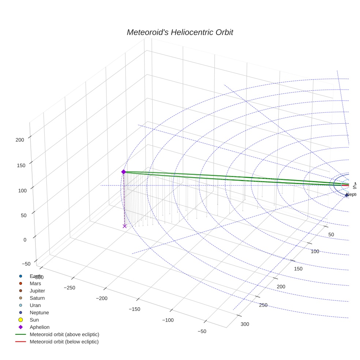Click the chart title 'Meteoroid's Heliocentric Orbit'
tap(180, 33)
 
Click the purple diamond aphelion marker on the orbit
tap(124, 172)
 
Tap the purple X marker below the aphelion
tap(124, 226)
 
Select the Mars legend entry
tap(35, 283)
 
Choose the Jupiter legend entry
tap(37, 290)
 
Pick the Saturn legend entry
tap(37, 298)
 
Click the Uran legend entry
tap(35, 305)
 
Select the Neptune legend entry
tap(39, 312)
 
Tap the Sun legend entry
tap(34, 320)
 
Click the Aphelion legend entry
tap(40, 327)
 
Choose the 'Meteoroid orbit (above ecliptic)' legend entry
tap(64, 334)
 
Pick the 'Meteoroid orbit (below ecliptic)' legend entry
tap(64, 342)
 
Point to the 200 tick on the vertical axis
tap(19, 139)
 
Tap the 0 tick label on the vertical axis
tap(25, 240)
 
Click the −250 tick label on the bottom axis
tap(69, 288)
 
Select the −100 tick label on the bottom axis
tap(168, 320)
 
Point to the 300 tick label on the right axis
tap(245, 324)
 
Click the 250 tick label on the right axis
tap(263, 305)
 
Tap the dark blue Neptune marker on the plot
tap(346, 195)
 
